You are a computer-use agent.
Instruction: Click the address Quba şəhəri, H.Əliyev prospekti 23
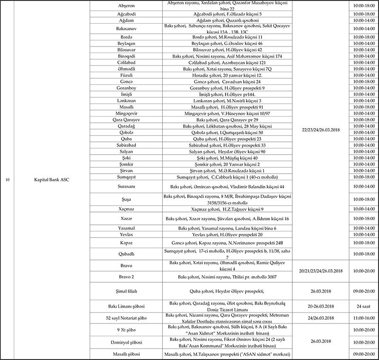(226, 139)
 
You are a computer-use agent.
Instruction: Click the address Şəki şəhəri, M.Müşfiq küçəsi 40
(226, 158)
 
